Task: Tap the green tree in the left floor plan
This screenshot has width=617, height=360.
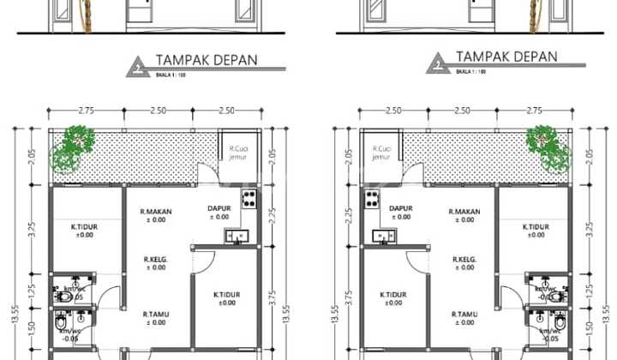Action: pos(73,147)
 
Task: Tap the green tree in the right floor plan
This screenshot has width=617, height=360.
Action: pos(548,147)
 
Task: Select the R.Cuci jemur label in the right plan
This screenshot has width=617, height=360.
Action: pos(381,153)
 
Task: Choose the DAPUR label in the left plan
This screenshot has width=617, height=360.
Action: pos(219,208)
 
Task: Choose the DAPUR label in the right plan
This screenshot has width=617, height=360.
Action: pos(401,208)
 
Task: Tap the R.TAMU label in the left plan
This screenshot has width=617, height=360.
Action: pos(155,315)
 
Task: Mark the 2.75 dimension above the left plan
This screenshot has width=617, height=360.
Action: pos(85,111)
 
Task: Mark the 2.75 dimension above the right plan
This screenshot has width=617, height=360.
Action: pos(535,111)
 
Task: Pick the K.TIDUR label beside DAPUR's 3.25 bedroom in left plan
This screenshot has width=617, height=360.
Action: pos(83,227)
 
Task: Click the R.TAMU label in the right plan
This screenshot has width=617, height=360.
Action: pos(465,315)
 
